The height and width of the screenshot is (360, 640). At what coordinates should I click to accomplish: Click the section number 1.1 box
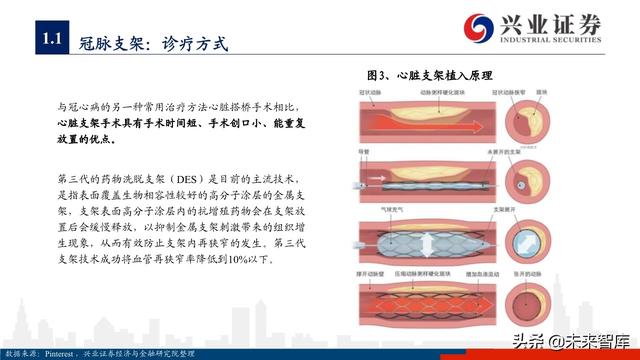click(x=52, y=41)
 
